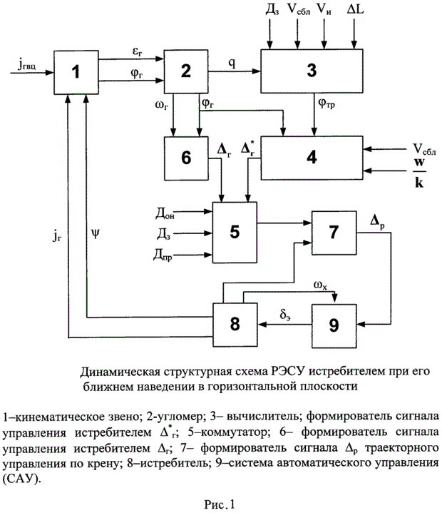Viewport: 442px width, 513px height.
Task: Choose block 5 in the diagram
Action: point(235,231)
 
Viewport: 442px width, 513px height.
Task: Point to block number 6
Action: point(186,157)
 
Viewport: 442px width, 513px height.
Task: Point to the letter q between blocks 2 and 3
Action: point(232,61)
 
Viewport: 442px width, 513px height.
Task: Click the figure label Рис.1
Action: point(220,504)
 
